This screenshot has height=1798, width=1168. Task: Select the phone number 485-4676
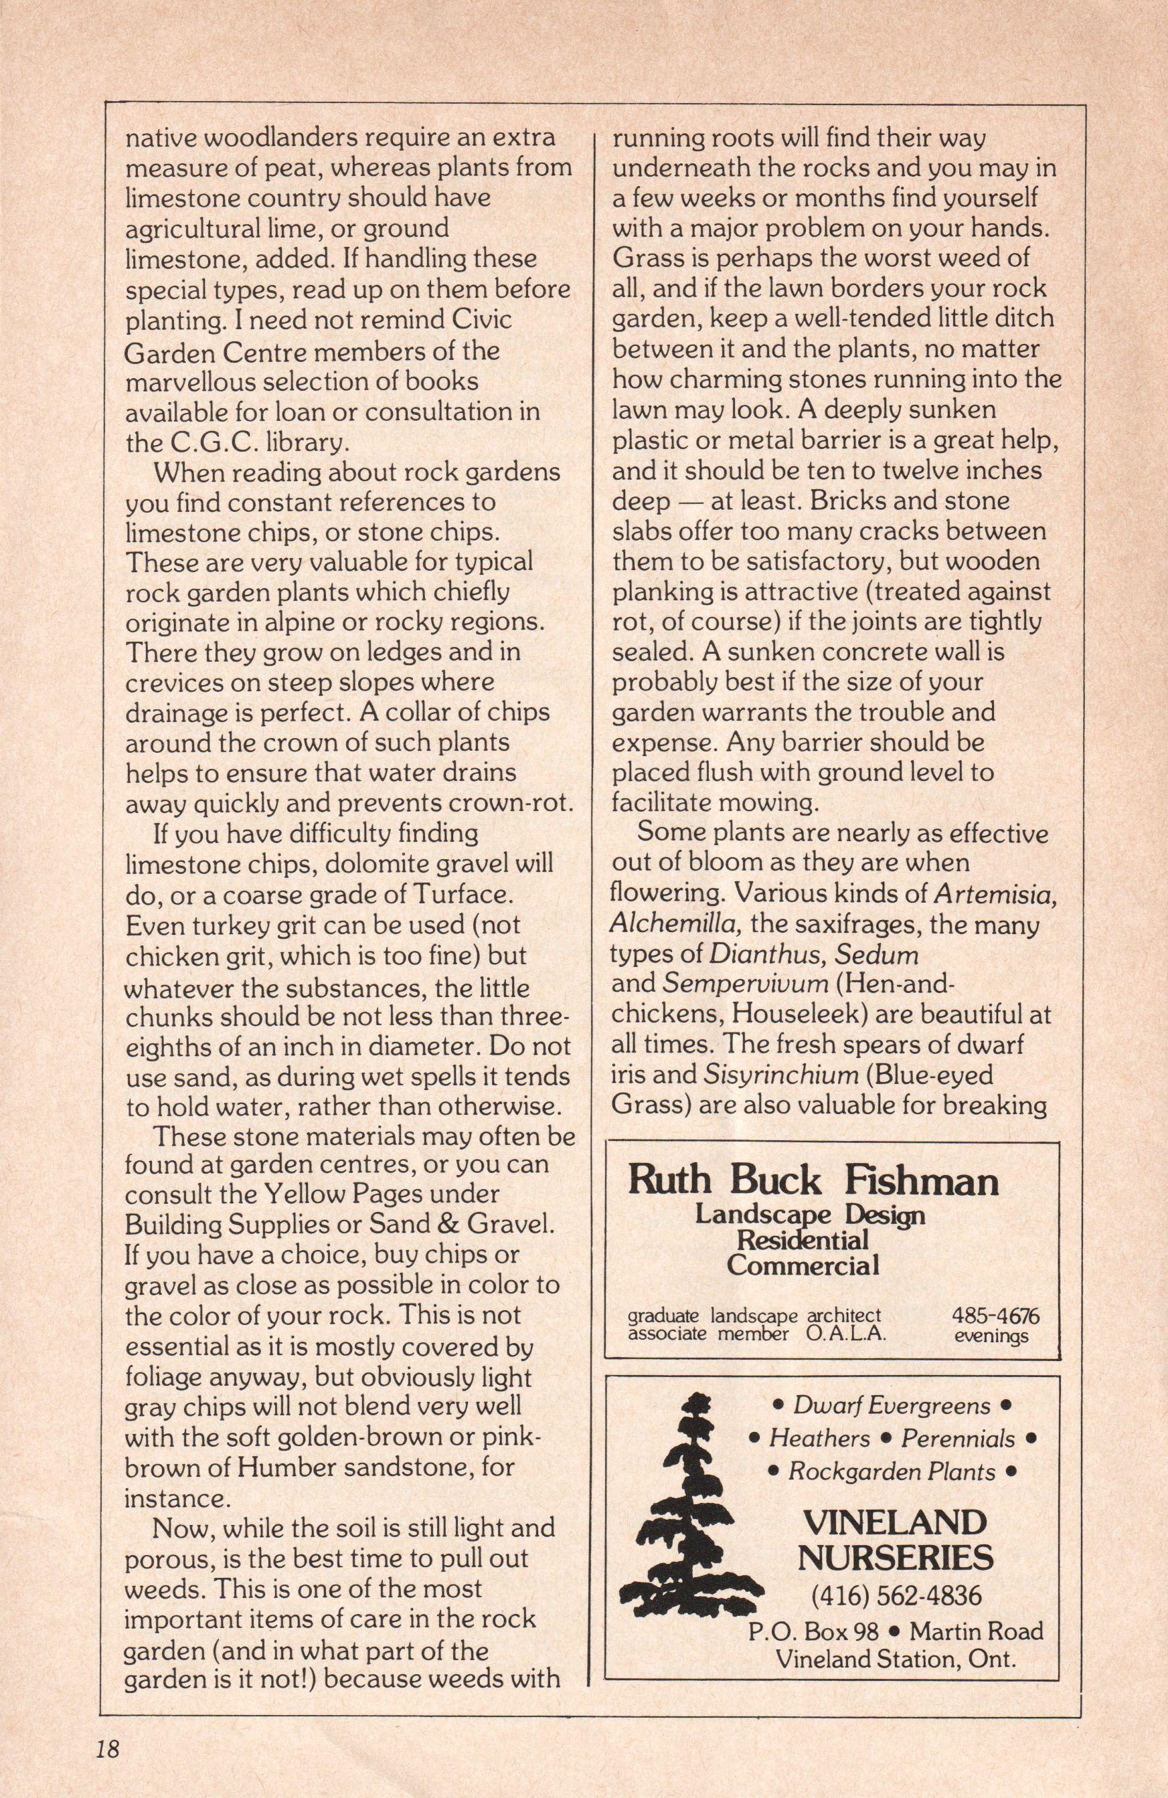point(996,1316)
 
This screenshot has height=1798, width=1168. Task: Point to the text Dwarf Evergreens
point(892,1405)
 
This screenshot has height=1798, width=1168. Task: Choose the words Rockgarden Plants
point(892,1471)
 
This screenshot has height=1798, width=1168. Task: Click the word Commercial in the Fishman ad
point(803,1265)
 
